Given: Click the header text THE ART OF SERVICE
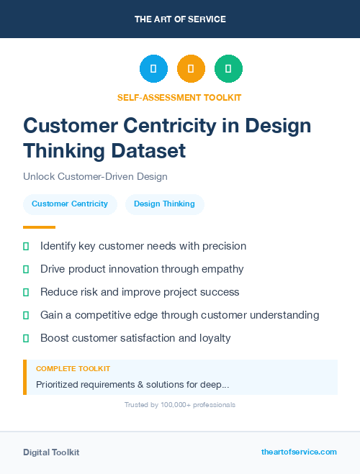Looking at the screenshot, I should pyautogui.click(x=180, y=19).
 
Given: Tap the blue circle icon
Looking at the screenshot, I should pyautogui.click(x=153, y=69).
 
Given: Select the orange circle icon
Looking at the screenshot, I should pyautogui.click(x=191, y=69).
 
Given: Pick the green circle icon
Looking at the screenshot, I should pyautogui.click(x=228, y=69).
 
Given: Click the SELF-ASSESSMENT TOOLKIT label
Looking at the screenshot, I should pyautogui.click(x=179, y=97).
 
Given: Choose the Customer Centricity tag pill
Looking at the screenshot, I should pyautogui.click(x=70, y=204).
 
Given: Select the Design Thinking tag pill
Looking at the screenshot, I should pyautogui.click(x=164, y=204).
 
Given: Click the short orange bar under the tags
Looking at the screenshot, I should pyautogui.click(x=34, y=227).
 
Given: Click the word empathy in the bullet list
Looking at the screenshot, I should pyautogui.click(x=222, y=269).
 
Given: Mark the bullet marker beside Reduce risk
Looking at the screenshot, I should pyautogui.click(x=26, y=293).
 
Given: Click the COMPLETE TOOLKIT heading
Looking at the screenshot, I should pyautogui.click(x=73, y=368).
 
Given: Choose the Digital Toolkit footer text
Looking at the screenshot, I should pyautogui.click(x=51, y=452).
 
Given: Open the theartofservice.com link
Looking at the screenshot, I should pyautogui.click(x=299, y=452).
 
